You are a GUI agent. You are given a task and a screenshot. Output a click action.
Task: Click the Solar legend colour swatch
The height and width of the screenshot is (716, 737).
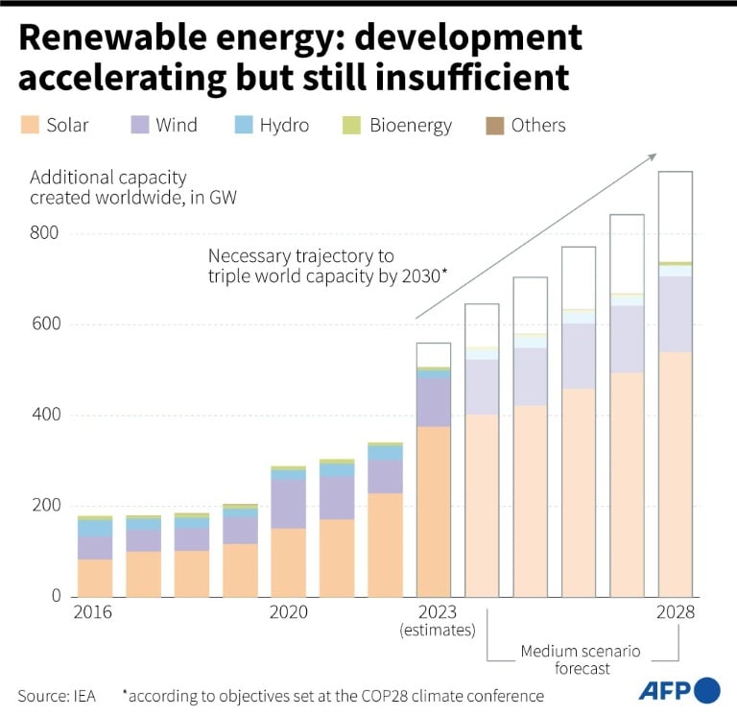pos(28,125)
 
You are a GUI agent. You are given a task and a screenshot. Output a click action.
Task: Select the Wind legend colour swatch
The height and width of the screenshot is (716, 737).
pos(138,125)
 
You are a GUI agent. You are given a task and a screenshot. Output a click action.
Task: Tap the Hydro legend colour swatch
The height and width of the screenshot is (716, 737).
pos(243,125)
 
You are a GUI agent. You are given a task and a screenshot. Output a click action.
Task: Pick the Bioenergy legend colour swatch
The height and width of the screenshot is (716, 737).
pos(350,125)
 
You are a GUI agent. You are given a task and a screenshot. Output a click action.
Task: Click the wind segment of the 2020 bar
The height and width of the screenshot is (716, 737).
pos(288,503)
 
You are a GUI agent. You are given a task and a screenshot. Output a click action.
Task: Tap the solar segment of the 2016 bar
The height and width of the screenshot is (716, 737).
pos(95,578)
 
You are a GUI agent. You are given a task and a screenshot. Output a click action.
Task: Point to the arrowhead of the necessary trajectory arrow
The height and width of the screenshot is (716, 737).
pos(653,157)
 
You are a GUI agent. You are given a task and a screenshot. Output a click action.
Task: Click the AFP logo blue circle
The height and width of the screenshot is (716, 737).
pos(706,690)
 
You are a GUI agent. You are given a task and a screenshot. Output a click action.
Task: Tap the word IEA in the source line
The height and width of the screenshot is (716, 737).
pos(83,696)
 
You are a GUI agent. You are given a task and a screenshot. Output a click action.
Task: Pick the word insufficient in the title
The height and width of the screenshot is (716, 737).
pos(461,75)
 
